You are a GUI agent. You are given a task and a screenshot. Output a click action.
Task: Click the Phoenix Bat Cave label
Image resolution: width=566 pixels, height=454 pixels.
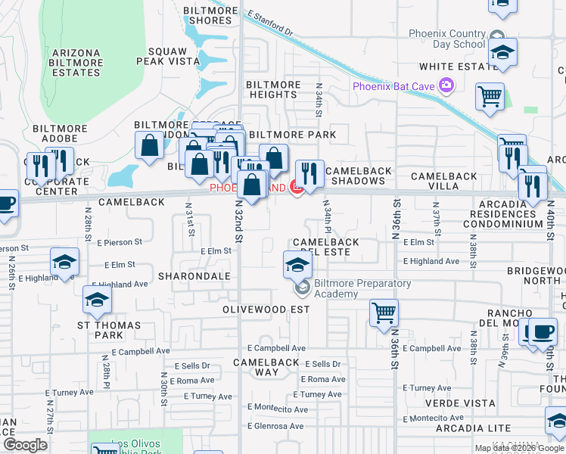point(393,86)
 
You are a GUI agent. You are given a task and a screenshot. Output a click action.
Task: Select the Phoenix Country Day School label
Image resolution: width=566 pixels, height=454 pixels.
point(446,39)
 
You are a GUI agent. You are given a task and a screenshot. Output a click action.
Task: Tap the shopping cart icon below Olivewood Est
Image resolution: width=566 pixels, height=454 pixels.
point(384,312)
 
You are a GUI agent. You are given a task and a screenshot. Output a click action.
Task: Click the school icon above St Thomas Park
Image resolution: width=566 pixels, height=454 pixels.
point(97,300)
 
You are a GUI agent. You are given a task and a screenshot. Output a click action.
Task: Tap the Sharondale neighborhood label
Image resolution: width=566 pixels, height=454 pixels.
point(194,276)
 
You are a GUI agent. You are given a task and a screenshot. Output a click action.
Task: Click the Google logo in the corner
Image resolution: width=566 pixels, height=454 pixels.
point(24,445)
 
